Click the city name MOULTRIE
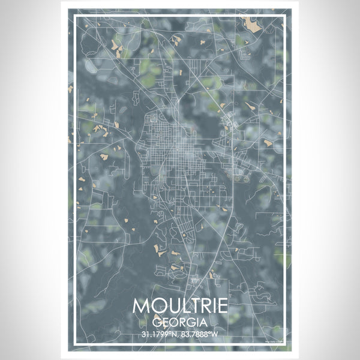coord(180,305)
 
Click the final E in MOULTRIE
coord(222,305)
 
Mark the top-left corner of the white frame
coord(74,16)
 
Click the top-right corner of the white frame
coord(286,16)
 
